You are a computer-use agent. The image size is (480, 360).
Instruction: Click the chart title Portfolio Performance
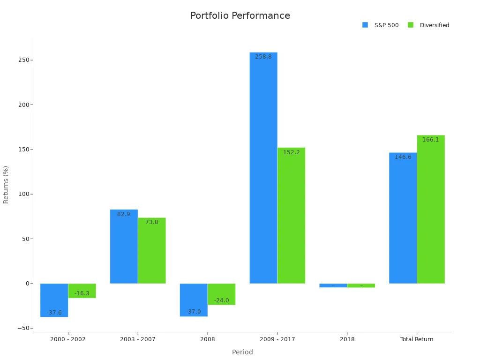[240, 15]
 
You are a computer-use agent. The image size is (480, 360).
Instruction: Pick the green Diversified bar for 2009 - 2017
[291, 216]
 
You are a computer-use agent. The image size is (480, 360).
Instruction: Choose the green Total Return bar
[431, 211]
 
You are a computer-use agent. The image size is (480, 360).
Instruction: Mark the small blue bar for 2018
[333, 285]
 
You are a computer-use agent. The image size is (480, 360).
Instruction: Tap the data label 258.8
[263, 57]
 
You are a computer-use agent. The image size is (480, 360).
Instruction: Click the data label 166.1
[430, 140]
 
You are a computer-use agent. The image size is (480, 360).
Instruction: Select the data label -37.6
[54, 313]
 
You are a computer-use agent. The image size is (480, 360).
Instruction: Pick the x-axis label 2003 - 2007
[138, 339]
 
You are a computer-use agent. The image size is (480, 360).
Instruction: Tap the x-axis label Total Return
[416, 339]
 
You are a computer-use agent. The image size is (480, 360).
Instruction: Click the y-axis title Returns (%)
[6, 184]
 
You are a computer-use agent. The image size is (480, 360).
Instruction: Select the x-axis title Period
[242, 352]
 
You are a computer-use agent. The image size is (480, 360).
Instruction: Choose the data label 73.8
[151, 222]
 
